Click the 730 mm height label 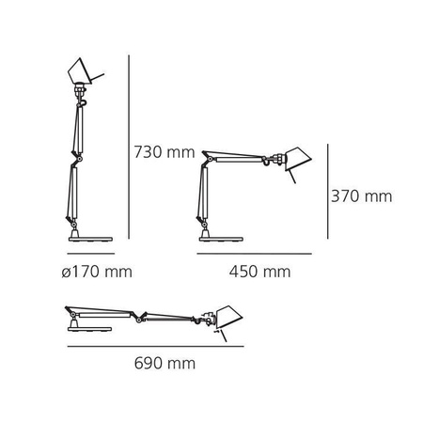[x=165, y=151]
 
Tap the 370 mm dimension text [x=361, y=196]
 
